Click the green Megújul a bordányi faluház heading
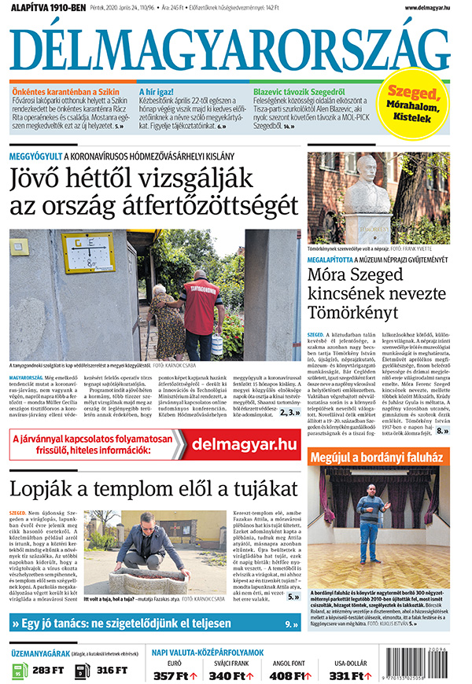(x=377, y=457)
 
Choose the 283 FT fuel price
(x=48, y=670)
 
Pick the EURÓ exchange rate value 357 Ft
(x=171, y=675)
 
